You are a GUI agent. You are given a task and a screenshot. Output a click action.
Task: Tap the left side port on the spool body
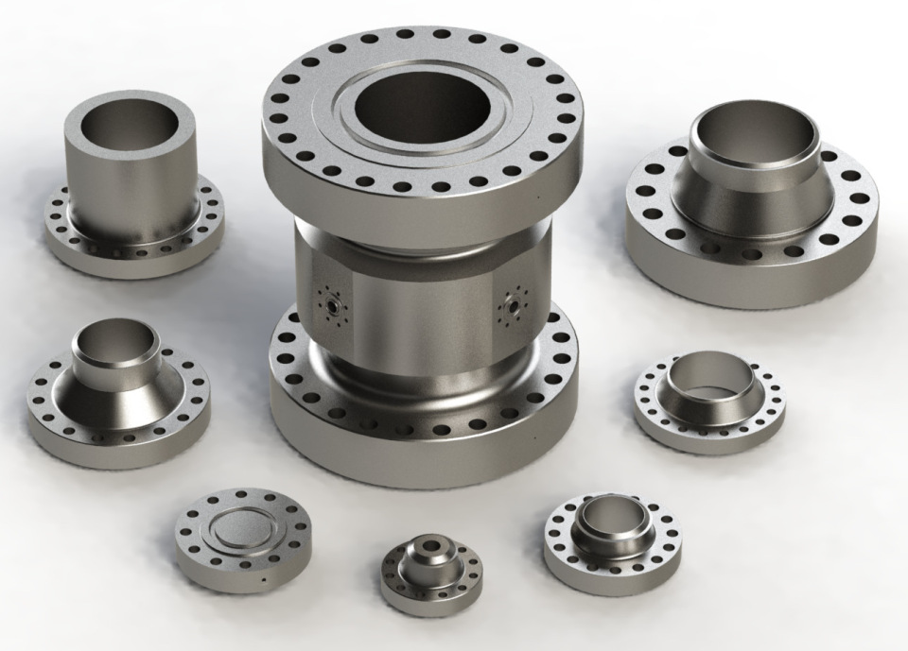[329, 303]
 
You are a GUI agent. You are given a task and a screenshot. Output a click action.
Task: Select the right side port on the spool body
[515, 304]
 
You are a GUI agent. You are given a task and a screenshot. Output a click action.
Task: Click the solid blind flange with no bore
[243, 540]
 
